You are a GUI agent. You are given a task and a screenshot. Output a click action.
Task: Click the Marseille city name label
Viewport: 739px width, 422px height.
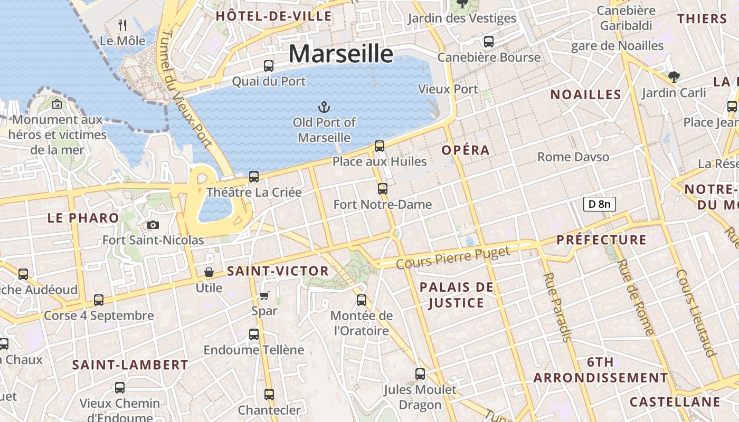pyautogui.click(x=340, y=54)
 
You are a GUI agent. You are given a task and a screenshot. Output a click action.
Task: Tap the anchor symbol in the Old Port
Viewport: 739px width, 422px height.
pyautogui.click(x=324, y=108)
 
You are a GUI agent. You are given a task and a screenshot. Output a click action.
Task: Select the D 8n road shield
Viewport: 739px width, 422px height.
pyautogui.click(x=599, y=204)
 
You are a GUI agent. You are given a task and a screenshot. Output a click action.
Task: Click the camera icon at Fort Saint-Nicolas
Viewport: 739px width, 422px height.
pyautogui.click(x=153, y=225)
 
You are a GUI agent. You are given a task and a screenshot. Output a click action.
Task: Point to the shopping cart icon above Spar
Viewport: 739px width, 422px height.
pyautogui.click(x=264, y=296)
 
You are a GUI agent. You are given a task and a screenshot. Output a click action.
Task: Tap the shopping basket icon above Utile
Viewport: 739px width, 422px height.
pyautogui.click(x=209, y=273)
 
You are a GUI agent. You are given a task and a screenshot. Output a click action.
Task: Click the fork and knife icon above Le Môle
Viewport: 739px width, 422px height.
pyautogui.click(x=123, y=25)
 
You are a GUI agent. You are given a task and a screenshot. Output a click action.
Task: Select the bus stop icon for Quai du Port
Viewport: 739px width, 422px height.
pyautogui.click(x=269, y=66)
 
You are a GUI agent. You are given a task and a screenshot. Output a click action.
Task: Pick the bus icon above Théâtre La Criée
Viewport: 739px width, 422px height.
pyautogui.click(x=254, y=177)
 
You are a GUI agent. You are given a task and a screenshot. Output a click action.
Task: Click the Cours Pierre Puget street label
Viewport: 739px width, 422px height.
pyautogui.click(x=453, y=257)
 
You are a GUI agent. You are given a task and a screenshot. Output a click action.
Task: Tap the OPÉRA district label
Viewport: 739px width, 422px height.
pyautogui.click(x=466, y=150)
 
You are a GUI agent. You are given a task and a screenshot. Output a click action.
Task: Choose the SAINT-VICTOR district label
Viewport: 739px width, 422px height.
pyautogui.click(x=278, y=272)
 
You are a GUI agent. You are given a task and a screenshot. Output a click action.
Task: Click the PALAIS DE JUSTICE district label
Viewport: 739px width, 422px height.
pyautogui.click(x=457, y=295)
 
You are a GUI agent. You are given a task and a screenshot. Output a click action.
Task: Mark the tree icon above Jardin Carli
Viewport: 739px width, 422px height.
pyautogui.click(x=674, y=77)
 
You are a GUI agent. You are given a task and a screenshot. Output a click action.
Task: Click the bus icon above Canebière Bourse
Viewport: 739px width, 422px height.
pyautogui.click(x=489, y=41)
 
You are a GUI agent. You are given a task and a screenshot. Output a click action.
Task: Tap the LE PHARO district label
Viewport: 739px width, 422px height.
pyautogui.click(x=83, y=218)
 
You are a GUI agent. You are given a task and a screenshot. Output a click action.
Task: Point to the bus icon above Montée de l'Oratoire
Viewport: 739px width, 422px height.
pyautogui.click(x=362, y=300)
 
